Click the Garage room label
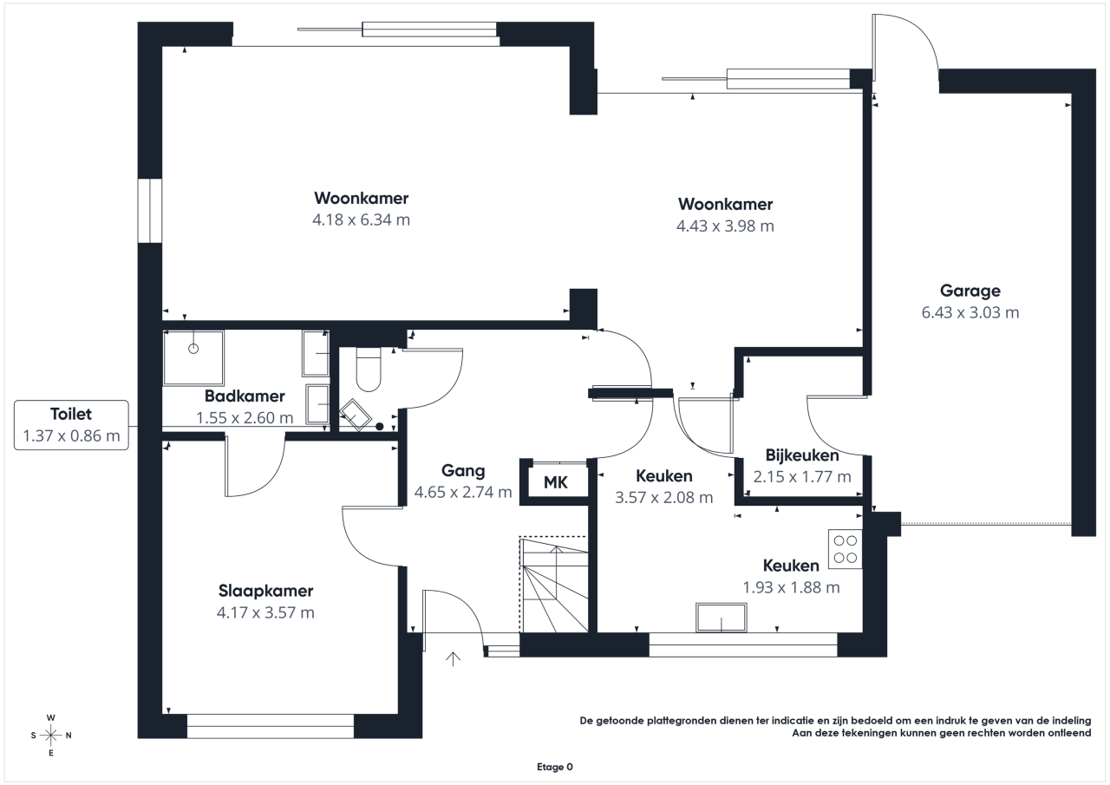coord(970,291)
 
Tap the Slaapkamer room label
coord(265,591)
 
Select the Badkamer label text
coord(245,396)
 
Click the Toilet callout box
coord(71,425)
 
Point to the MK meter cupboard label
coord(556,482)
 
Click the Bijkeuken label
coord(802,455)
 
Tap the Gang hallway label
coord(463,471)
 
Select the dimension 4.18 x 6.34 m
coord(362,219)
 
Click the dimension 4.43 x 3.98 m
coord(725,226)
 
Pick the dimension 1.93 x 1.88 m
coord(791,587)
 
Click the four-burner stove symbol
coord(846,549)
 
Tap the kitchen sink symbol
coord(721,618)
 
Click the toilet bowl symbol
coord(369,370)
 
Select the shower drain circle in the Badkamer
coord(193,349)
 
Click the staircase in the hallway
coord(554,585)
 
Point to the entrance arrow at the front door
coord(453,658)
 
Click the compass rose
coord(51,736)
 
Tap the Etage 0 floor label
coord(554,767)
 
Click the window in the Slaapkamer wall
coord(271,726)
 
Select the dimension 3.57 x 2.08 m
coord(664,498)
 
